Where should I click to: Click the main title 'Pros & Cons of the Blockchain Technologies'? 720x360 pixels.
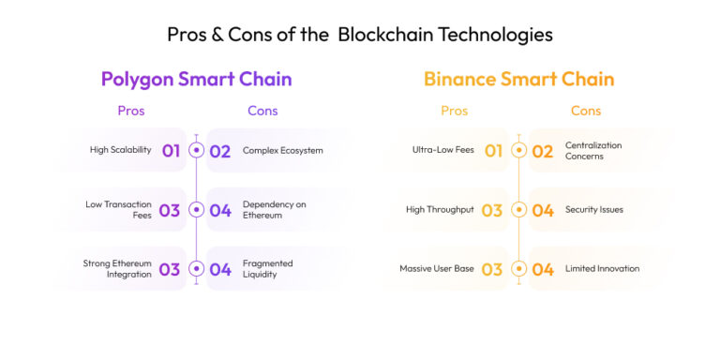coord(360,35)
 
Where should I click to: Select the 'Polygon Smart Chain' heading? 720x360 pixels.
coord(196,79)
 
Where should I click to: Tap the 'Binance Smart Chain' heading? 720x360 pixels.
coord(518,79)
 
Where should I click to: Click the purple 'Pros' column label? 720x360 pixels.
coord(131,111)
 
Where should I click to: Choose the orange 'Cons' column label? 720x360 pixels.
coord(586,111)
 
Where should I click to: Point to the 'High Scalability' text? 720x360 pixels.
coord(121,150)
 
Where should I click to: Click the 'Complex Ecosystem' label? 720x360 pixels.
coord(282,150)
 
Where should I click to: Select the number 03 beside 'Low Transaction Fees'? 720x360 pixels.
coord(170,210)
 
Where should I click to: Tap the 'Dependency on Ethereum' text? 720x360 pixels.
coord(274,209)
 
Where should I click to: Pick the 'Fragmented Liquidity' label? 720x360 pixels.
coord(268,269)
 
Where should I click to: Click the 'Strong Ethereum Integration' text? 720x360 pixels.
coord(117,269)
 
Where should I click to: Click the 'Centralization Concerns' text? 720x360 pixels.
coord(593,150)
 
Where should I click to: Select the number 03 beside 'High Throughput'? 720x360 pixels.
coord(492,210)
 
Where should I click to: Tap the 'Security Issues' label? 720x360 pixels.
coord(593,210)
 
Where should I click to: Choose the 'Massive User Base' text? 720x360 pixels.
coord(436,269)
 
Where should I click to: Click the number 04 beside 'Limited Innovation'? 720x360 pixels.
coord(543,269)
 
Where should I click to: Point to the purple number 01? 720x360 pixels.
coord(171,150)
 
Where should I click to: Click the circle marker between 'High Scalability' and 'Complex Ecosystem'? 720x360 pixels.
coord(196,150)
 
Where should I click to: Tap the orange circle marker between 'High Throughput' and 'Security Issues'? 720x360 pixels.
coord(518,210)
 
